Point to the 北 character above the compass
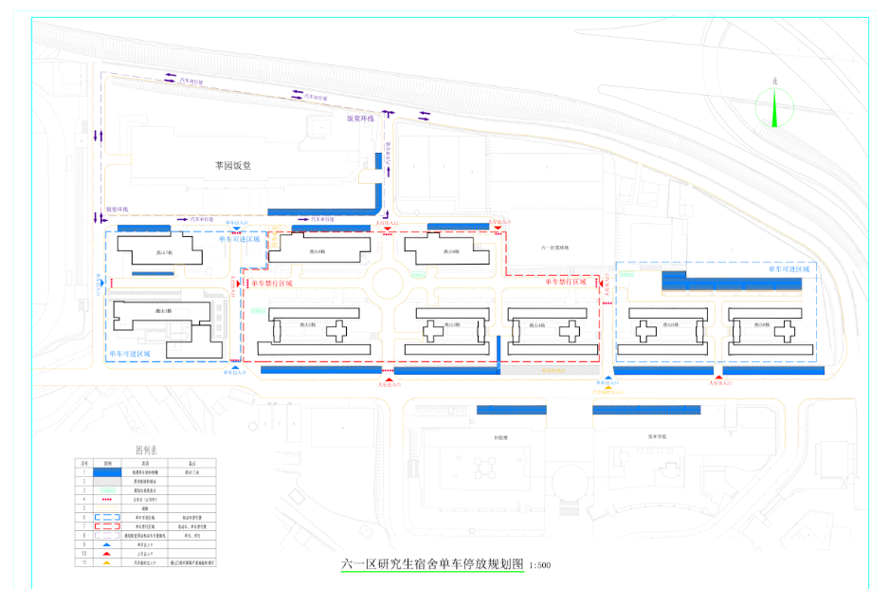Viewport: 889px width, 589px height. tap(775, 82)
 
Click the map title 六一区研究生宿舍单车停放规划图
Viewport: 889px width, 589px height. tap(432, 564)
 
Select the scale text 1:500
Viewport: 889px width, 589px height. tap(539, 565)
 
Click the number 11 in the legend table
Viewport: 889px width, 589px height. tap(83, 563)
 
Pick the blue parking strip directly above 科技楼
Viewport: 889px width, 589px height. tap(512, 410)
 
